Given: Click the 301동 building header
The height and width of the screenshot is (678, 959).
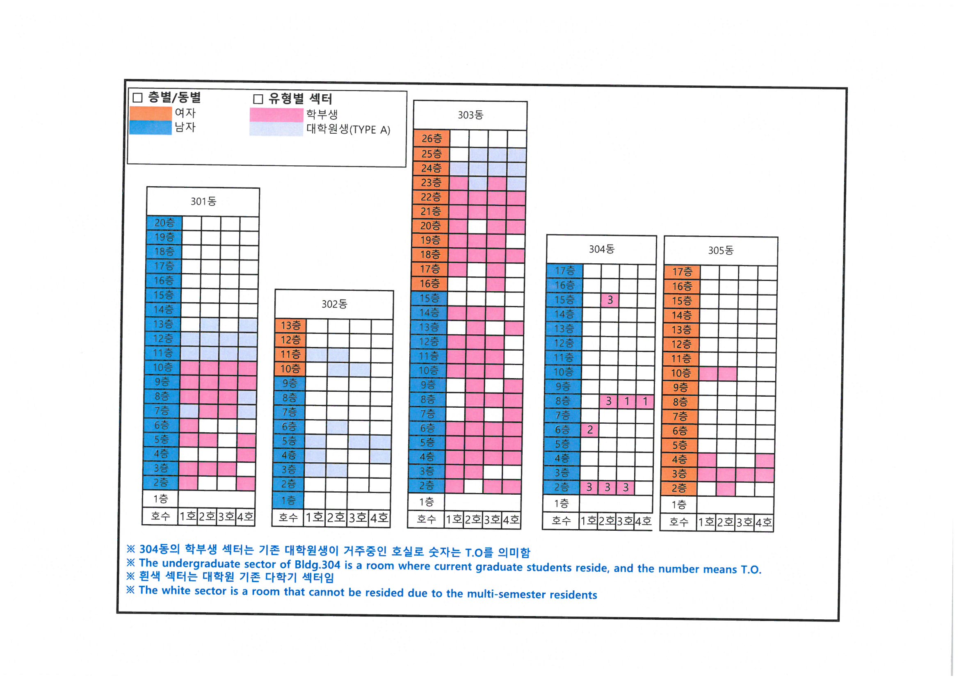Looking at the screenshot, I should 203,201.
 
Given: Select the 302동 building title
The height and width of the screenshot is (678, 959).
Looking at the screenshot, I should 334,304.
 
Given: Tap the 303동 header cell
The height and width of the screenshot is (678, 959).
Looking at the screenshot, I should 470,115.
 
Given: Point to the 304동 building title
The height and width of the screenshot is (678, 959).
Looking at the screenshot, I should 601,249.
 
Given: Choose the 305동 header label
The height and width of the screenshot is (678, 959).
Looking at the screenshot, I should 721,251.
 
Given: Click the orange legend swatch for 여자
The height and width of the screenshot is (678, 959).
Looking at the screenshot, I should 151,113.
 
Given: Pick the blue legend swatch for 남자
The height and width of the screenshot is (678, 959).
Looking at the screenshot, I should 151,128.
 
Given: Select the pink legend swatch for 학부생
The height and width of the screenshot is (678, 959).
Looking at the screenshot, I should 276,114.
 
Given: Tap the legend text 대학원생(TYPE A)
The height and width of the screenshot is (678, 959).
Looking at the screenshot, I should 348,129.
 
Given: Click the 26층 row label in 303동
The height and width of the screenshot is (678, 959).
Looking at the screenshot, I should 432,138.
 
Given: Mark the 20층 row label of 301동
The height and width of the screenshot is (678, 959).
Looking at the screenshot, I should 164,223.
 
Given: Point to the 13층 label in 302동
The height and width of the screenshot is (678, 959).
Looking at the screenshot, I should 290,325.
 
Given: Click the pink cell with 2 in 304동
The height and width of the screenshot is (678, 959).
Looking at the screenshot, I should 590,429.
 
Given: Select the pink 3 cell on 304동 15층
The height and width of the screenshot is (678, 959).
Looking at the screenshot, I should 610,300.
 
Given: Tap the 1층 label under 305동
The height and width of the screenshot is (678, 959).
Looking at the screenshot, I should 679,505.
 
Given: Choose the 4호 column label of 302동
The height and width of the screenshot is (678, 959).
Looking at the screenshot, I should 379,518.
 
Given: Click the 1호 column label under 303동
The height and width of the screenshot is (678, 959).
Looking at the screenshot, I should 454,520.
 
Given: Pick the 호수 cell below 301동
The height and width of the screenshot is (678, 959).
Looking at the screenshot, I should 160,516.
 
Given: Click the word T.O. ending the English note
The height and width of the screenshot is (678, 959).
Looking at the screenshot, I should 751,569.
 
